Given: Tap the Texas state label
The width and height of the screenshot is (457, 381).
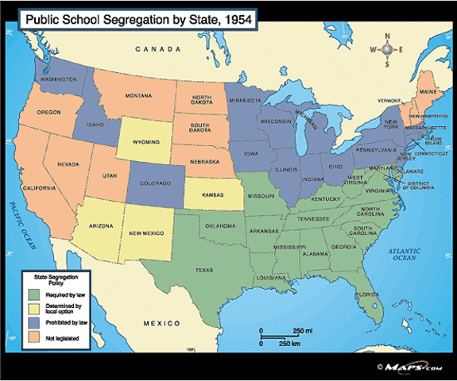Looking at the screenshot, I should point(205,271).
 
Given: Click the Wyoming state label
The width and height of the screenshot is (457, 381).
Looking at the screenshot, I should point(145,144).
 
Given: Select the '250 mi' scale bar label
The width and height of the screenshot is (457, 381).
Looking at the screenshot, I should point(302,329).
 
